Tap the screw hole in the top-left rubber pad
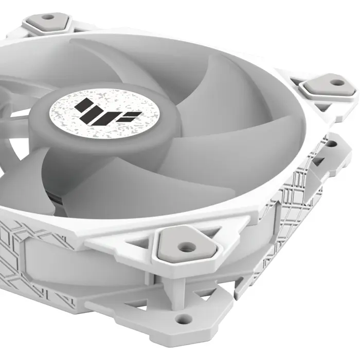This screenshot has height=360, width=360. pos(48,16)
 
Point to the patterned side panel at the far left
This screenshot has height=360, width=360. pos(21,252)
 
